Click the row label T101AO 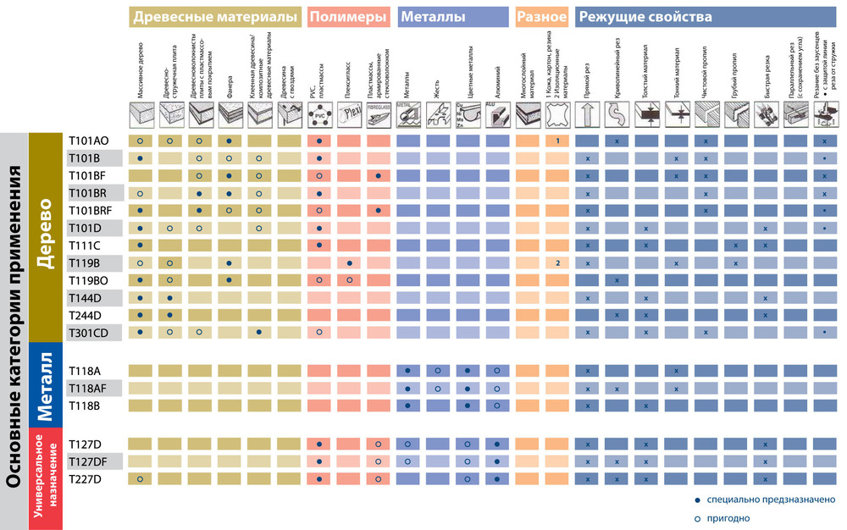[x=89, y=141]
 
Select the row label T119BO [x=89, y=279]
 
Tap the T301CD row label [x=89, y=332]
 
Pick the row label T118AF [x=89, y=388]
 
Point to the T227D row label [x=85, y=479]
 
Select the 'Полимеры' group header [x=348, y=17]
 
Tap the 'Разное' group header [x=541, y=17]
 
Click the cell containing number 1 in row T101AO [x=557, y=141]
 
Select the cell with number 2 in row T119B [x=557, y=262]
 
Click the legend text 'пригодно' [x=730, y=518]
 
